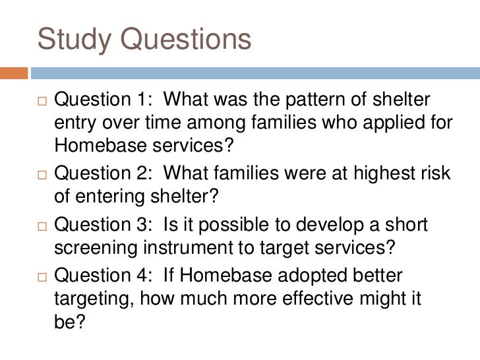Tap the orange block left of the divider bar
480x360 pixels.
14,73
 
